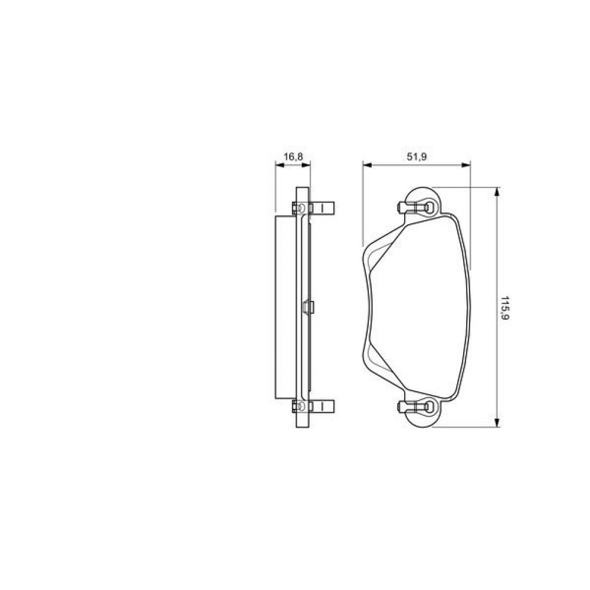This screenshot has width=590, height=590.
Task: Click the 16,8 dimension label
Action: (x=293, y=156)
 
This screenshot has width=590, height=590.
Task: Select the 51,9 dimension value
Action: (x=417, y=156)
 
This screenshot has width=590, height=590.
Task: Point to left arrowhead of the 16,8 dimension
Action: (x=279, y=165)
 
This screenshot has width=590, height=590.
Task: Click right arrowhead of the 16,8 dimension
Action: (x=307, y=165)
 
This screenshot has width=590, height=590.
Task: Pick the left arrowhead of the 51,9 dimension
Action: (x=367, y=165)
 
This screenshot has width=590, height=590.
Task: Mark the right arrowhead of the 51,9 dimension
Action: (x=466, y=165)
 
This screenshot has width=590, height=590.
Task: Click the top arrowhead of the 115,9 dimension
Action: (x=497, y=192)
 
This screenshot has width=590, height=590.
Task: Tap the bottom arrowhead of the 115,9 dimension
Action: (x=497, y=422)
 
